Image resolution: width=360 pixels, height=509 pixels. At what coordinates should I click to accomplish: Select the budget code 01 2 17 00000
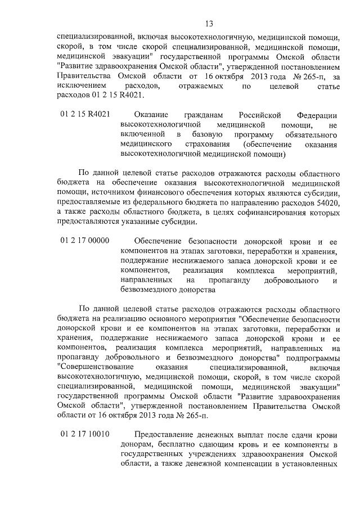pos(84,241)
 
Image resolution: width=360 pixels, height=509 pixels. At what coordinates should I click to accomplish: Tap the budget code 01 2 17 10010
pos(84,434)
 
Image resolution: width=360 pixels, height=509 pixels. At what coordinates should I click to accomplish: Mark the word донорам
pos(134,444)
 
